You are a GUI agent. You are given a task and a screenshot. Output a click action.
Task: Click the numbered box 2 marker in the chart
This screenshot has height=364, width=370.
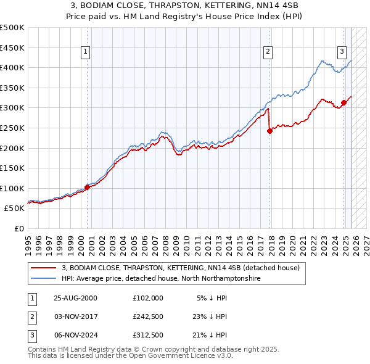pyautogui.click(x=268, y=52)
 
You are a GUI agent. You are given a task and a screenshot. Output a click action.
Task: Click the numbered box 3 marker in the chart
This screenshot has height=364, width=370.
pyautogui.click(x=342, y=52)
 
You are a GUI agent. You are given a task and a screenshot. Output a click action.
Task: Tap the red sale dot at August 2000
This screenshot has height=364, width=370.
pyautogui.click(x=88, y=188)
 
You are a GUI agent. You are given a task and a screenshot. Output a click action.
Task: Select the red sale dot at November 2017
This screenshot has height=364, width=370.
pyautogui.click(x=269, y=131)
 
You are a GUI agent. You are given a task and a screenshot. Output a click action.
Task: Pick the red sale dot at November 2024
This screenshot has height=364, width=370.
pyautogui.click(x=344, y=102)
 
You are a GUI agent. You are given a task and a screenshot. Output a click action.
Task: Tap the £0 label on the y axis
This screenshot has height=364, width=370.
pyautogui.click(x=18, y=228)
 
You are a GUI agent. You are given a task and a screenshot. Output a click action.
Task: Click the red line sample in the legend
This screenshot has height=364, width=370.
pyautogui.click(x=44, y=268)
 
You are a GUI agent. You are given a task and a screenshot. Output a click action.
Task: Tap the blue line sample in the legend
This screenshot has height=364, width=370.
pyautogui.click(x=44, y=279)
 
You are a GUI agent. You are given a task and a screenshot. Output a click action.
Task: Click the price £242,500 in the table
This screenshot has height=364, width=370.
pyautogui.click(x=148, y=316)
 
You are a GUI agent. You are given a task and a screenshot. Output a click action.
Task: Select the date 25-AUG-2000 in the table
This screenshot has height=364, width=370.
pyautogui.click(x=75, y=298)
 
